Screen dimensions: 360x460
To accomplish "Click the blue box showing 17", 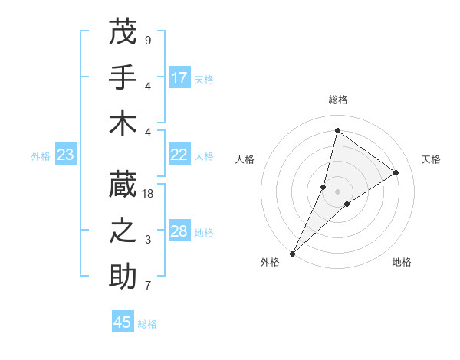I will coord(179,77).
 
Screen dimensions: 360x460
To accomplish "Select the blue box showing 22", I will coord(179,155).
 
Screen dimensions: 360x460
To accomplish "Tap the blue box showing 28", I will coord(179,231).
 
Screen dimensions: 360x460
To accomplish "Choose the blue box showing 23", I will coord(66,155).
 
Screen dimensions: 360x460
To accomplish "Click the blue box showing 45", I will coord(123,322).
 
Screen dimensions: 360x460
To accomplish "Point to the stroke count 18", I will coord(148,194).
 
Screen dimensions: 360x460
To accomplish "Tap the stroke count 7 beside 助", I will coord(148,286).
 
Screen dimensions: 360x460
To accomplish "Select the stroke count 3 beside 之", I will coord(148,240).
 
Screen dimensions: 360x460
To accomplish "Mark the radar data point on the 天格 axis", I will coord(396,172).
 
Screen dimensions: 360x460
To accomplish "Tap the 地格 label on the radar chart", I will coord(402,262).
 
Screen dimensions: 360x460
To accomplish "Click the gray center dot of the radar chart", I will coord(337,191).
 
